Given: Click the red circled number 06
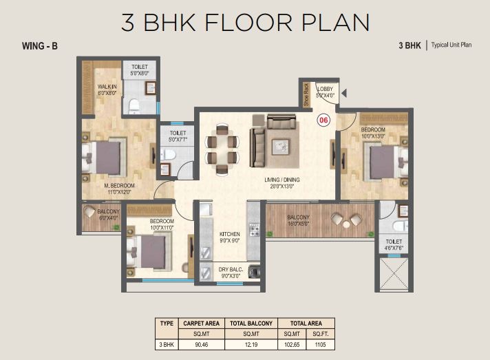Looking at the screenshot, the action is pyautogui.click(x=323, y=120).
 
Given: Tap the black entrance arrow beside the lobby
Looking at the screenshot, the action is pyautogui.click(x=344, y=93).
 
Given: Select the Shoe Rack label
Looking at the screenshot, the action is pyautogui.click(x=306, y=94).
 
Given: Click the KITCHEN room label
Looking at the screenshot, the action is pyautogui.click(x=230, y=234).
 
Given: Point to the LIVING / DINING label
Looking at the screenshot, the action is pyautogui.click(x=282, y=180).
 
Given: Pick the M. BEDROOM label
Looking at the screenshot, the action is pyautogui.click(x=119, y=186).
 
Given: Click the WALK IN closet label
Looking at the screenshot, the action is pyautogui.click(x=107, y=87).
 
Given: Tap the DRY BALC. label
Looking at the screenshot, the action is pyautogui.click(x=231, y=269).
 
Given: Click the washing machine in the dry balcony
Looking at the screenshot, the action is pyautogui.click(x=255, y=271).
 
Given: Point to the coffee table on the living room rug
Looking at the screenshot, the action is pyautogui.click(x=280, y=147).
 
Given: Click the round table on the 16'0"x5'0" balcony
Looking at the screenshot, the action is pyautogui.click(x=346, y=224).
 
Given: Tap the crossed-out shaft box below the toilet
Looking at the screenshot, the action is pyautogui.click(x=394, y=274).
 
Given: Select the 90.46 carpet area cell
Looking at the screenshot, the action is pyautogui.click(x=201, y=344).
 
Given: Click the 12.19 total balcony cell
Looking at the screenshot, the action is pyautogui.click(x=251, y=344).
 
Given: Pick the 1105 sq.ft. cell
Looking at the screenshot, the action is pyautogui.click(x=320, y=344).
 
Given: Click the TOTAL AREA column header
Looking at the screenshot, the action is pyautogui.click(x=306, y=324).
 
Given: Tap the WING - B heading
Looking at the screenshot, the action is pyautogui.click(x=40, y=46).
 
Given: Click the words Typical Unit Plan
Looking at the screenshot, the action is pyautogui.click(x=451, y=45).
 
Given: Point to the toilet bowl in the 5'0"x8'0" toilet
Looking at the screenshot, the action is pyautogui.click(x=134, y=105).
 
